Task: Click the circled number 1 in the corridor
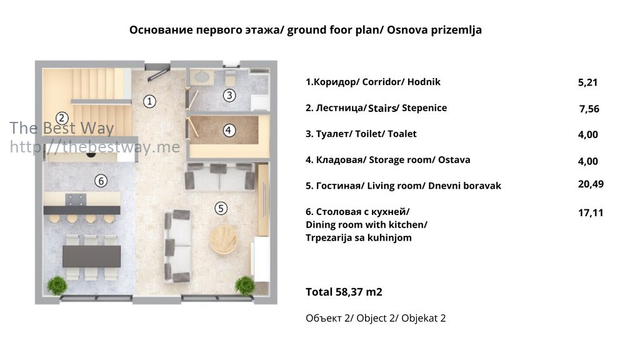[149, 101]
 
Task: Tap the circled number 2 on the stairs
[62, 118]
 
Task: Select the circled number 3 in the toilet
[229, 95]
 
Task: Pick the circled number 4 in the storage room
[229, 130]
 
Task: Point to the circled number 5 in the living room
[221, 208]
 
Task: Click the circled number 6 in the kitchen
[101, 181]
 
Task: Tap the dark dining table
[91, 256]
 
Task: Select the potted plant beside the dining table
[57, 285]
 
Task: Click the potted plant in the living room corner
[245, 285]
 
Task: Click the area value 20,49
[591, 184]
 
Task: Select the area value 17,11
[591, 212]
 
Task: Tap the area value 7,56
[589, 109]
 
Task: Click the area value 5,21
[587, 82]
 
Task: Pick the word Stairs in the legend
[382, 108]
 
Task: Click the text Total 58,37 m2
[344, 292]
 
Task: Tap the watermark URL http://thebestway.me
[95, 147]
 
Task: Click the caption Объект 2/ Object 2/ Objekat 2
[376, 318]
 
